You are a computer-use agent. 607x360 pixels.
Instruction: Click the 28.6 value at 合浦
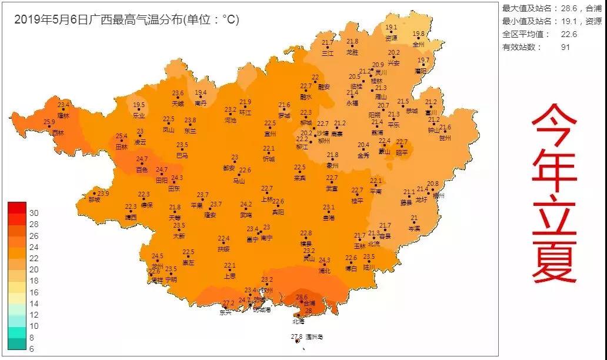click(x=302, y=297)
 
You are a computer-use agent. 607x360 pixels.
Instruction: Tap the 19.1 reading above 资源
click(x=391, y=27)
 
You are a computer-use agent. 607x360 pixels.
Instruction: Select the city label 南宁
click(x=266, y=238)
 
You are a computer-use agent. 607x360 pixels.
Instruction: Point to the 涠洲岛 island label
click(x=314, y=337)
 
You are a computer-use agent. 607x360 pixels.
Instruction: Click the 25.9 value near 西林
click(x=49, y=122)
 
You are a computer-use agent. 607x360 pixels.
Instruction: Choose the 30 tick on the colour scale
click(x=34, y=213)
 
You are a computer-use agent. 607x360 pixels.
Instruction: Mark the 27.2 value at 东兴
click(x=228, y=303)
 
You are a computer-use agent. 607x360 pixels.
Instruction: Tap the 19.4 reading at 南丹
click(x=201, y=93)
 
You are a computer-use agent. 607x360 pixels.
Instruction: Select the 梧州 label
click(x=439, y=195)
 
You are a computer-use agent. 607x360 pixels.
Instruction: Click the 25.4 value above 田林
click(x=121, y=136)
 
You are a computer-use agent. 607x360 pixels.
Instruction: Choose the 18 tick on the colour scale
click(x=34, y=281)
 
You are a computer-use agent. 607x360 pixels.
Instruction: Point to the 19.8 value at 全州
click(x=418, y=34)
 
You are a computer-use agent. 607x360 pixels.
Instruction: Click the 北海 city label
click(x=299, y=322)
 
